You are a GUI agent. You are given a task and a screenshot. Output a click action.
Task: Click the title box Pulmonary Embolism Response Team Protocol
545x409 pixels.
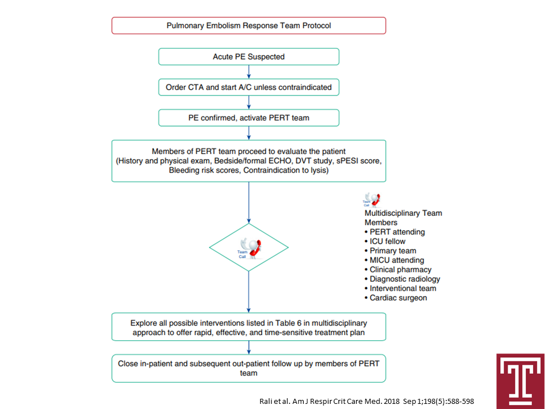[x=249, y=26]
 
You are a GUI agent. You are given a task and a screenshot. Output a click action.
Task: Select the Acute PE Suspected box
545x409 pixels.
[x=249, y=57]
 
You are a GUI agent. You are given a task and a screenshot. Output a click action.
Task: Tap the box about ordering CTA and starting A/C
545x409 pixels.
[x=249, y=87]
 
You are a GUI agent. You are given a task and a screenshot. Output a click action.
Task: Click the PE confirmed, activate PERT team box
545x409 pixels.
[x=249, y=118]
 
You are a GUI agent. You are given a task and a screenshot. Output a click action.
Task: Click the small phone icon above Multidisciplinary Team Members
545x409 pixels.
[x=371, y=200]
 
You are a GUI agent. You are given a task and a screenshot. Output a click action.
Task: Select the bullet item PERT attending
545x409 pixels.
[x=395, y=232]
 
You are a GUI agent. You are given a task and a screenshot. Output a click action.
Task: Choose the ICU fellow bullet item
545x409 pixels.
[x=385, y=241]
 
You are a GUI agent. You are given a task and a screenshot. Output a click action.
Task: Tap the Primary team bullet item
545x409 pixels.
[x=391, y=251]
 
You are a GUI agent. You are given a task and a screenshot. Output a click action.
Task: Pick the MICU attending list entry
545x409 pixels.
[x=394, y=260]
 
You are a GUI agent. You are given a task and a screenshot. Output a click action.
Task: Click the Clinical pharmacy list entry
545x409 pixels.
[x=398, y=269]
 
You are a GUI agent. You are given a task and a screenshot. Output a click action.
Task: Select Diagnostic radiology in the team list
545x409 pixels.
[x=402, y=279]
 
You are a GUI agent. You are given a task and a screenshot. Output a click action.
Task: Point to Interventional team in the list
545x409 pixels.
[x=400, y=289]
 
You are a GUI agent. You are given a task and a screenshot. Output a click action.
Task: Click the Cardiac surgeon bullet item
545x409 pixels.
[x=396, y=298]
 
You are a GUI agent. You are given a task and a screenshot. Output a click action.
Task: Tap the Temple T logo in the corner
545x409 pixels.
[x=521, y=381]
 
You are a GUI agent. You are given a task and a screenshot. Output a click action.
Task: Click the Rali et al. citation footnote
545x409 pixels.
[x=367, y=402]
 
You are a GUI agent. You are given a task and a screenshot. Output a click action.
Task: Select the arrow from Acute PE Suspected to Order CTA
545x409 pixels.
[x=249, y=72]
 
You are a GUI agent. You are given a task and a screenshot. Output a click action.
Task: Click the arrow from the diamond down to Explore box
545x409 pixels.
[x=249, y=292]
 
